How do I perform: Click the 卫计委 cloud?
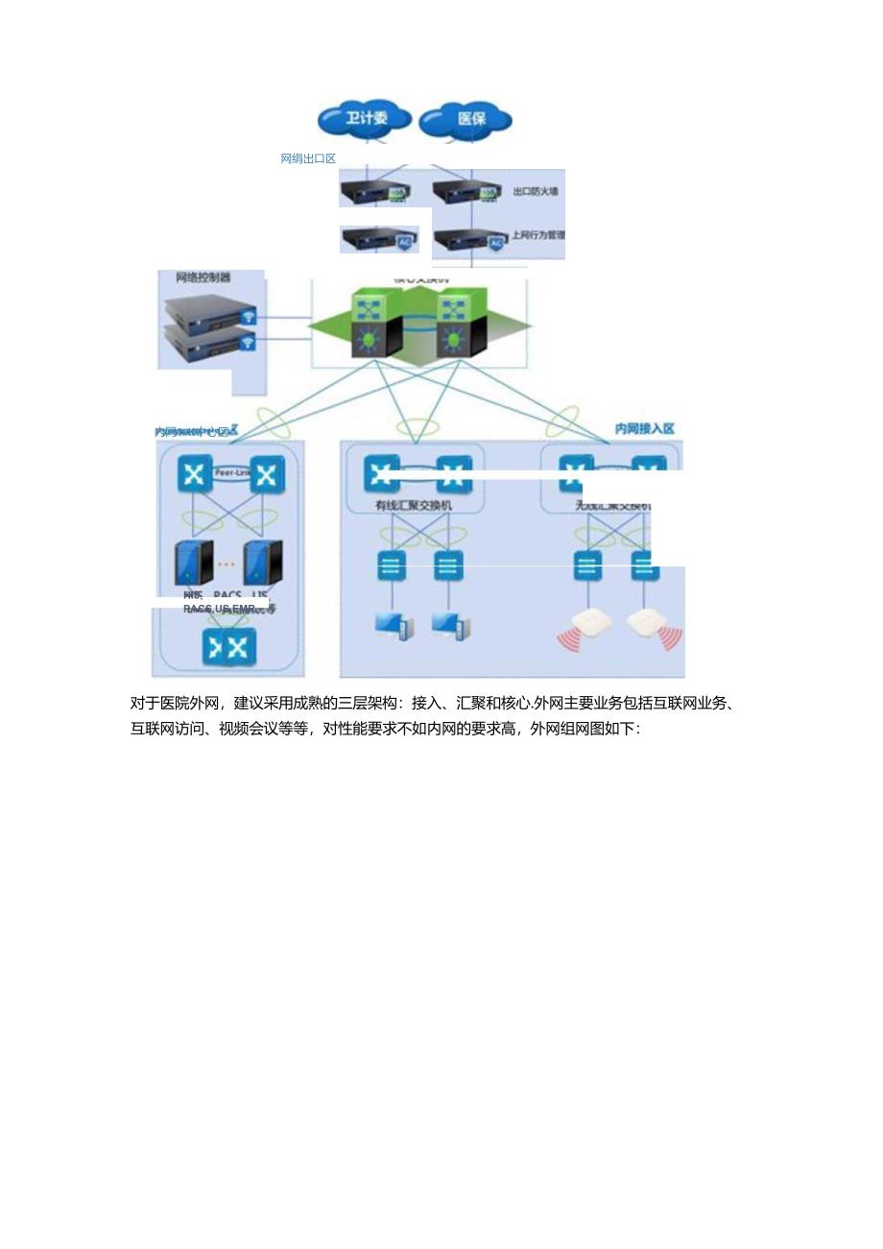pos(364,119)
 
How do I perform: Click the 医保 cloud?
pos(468,119)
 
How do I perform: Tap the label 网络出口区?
pos(308,158)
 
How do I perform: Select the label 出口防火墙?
pos(536,192)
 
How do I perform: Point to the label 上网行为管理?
pos(537,234)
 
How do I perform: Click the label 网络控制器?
pos(203,278)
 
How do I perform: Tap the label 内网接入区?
pos(645,428)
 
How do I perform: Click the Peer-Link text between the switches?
pos(231,473)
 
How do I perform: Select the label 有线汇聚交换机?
pos(413,504)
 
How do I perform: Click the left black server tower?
pos(193,563)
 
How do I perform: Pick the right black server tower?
pos(263,563)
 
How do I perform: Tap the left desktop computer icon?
pos(394,626)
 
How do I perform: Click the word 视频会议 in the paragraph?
pos(250,729)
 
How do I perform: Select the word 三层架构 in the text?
pos(371,704)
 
